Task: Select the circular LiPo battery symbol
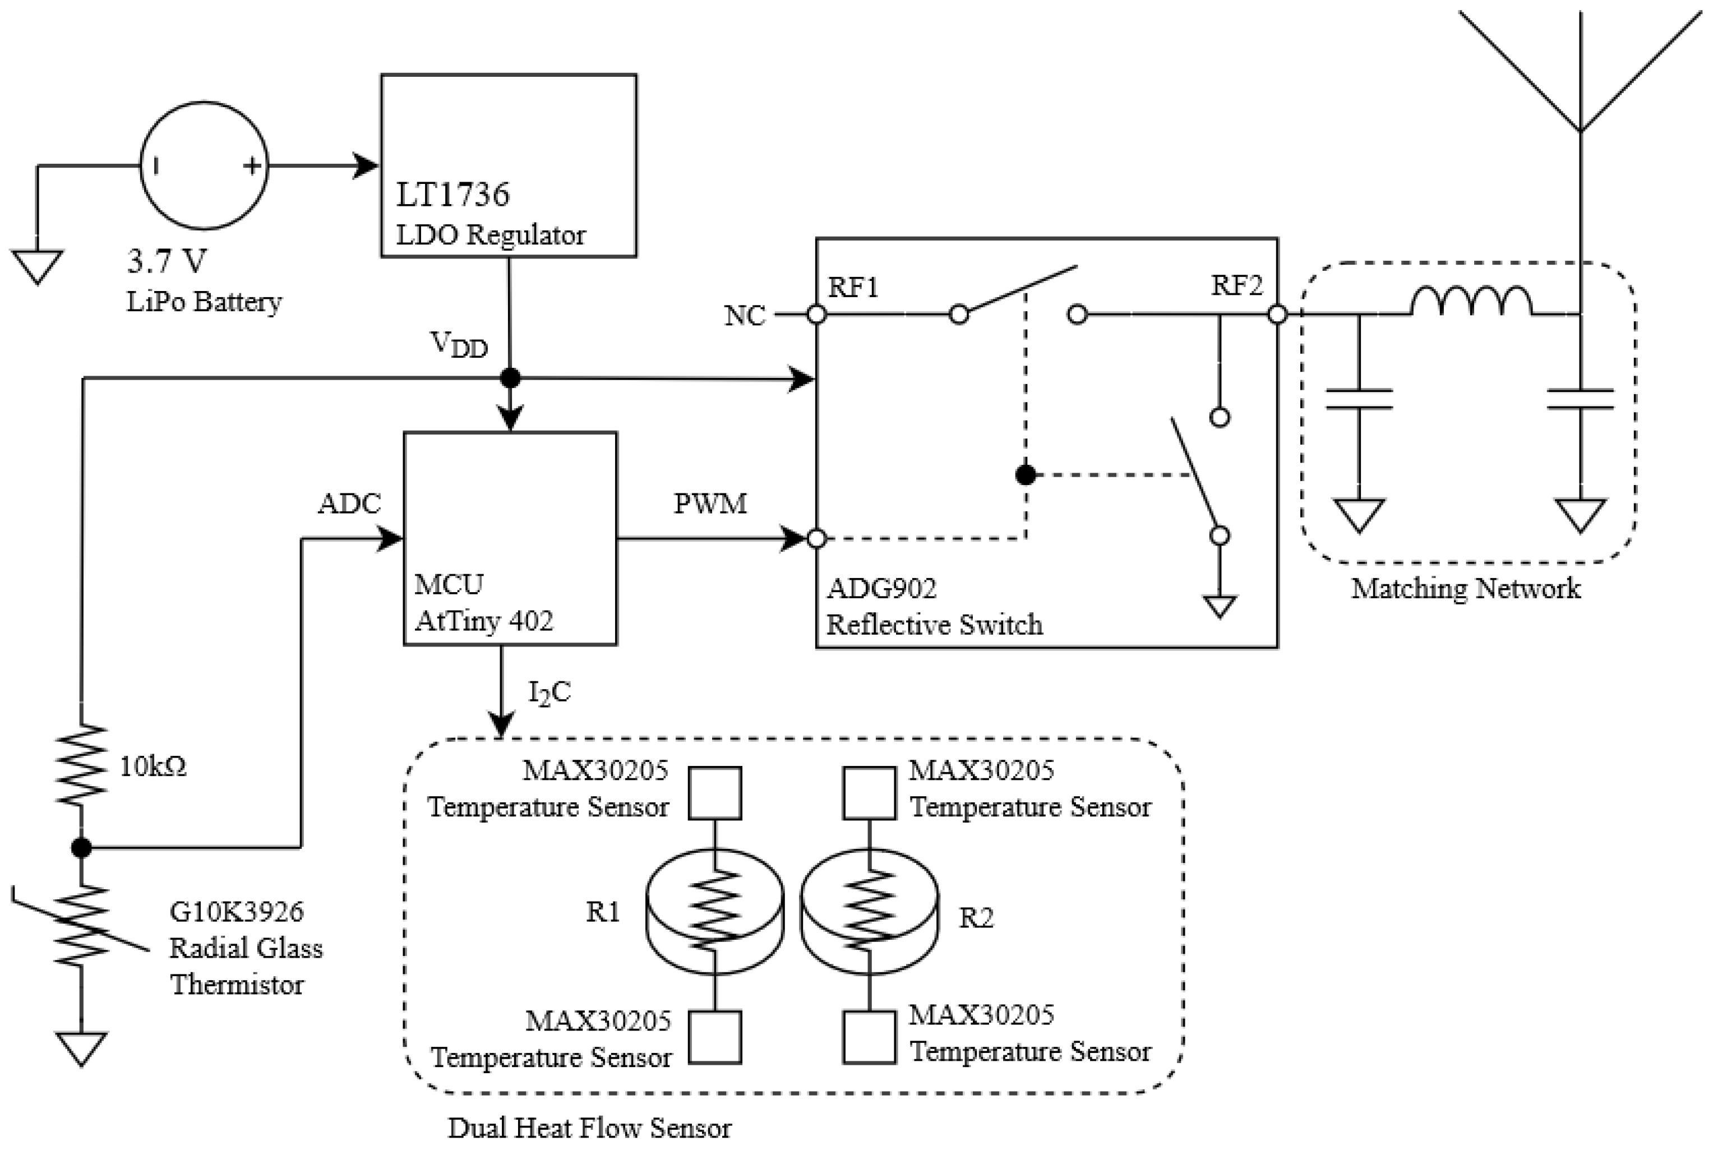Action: [x=204, y=166]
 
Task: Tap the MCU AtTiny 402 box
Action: [x=510, y=538]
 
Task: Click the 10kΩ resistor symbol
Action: [x=81, y=765]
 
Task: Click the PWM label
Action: [x=710, y=504]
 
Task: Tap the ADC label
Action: [x=349, y=504]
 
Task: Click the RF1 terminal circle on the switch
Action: [x=816, y=315]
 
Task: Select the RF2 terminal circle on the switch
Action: [x=1277, y=315]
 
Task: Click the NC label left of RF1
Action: [x=744, y=316]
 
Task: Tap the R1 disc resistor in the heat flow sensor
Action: [x=714, y=911]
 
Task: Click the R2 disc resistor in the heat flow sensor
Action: [x=869, y=911]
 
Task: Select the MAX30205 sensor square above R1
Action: [x=714, y=793]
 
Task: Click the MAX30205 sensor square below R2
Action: [x=869, y=1037]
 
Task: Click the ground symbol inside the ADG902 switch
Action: [x=1219, y=606]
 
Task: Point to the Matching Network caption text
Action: [x=1465, y=589]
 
